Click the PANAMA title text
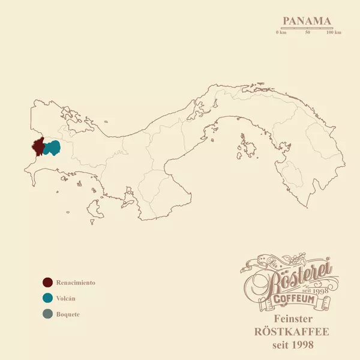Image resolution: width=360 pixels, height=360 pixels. coord(307,21)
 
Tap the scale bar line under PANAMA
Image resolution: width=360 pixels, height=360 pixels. coord(307,28)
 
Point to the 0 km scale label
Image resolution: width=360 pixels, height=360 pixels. coord(281,32)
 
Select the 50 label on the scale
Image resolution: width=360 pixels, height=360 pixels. coord(307,32)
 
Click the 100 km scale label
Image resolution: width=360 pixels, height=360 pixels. coord(334,32)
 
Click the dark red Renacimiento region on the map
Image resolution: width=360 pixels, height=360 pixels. coord(37,146)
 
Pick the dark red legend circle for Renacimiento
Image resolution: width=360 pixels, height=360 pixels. coord(47,283)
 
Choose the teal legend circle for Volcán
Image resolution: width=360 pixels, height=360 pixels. coord(47,298)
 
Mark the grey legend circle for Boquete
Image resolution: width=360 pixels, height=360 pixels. coord(47,314)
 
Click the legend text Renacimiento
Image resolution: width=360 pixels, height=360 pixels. coord(76,283)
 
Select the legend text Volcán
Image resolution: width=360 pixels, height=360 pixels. coord(66,298)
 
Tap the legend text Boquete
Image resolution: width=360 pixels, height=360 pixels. coord(68,314)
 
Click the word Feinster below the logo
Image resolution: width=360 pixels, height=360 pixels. coord(293,319)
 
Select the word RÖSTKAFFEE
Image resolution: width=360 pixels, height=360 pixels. coord(293,332)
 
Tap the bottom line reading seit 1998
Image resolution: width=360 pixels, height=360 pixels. coord(293,346)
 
